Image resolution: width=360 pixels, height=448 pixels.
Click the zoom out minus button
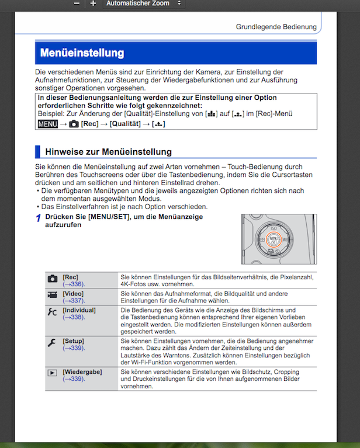(x=77, y=4)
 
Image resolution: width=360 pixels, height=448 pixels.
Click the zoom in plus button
(x=93, y=4)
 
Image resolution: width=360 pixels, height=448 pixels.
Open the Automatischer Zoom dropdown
(x=143, y=4)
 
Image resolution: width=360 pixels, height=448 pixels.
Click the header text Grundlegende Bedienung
(x=276, y=27)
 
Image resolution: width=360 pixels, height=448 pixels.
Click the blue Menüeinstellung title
(x=82, y=53)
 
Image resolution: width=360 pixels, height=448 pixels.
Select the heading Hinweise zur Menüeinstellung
(x=108, y=152)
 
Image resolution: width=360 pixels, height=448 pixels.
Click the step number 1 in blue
(x=38, y=218)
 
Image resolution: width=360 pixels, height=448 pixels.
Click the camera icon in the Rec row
(x=53, y=279)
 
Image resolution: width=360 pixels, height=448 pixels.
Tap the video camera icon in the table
(x=53, y=295)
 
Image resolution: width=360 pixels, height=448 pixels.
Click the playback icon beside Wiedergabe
(x=53, y=372)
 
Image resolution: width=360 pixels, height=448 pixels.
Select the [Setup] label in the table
(x=74, y=339)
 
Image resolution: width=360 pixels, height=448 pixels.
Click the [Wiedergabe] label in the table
(x=82, y=371)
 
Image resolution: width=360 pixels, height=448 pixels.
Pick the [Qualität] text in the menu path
(x=125, y=124)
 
